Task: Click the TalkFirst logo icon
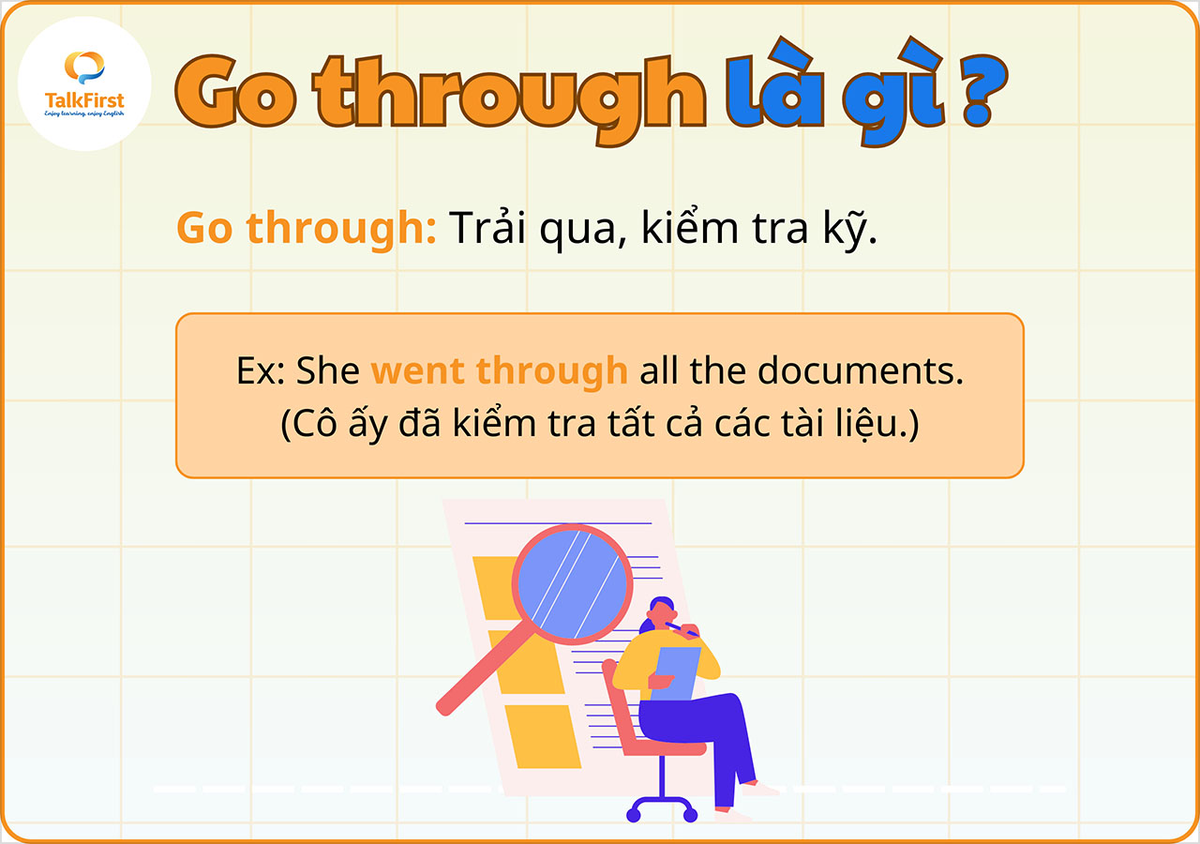pos(83,68)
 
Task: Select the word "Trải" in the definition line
pos(492,228)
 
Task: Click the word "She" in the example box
pos(328,371)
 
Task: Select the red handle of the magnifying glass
pos(478,671)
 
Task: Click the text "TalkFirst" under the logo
pos(84,100)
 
